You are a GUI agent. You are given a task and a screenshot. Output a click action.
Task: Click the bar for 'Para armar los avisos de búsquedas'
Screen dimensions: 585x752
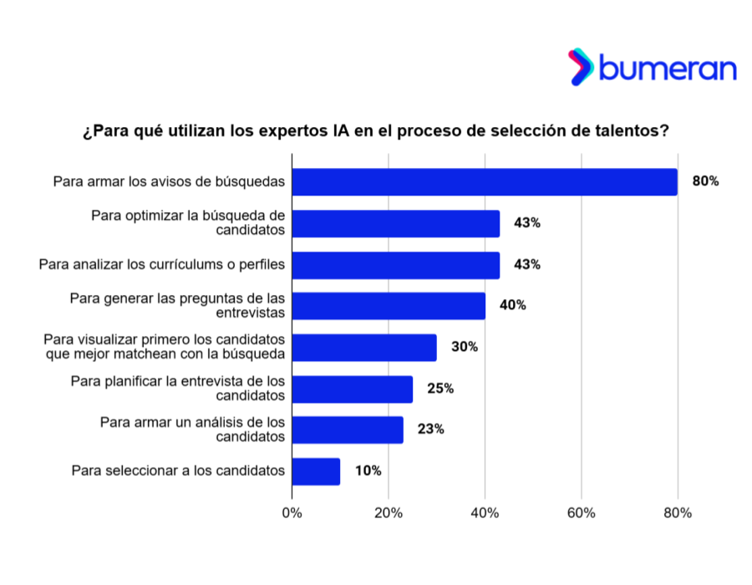[x=485, y=182]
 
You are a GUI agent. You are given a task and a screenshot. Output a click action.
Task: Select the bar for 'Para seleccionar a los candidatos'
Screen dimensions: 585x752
[x=316, y=471]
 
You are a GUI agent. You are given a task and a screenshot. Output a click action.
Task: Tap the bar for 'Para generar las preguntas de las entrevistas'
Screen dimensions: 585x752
[x=389, y=306]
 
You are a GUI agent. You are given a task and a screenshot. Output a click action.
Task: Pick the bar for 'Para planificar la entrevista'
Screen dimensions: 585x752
[x=353, y=389]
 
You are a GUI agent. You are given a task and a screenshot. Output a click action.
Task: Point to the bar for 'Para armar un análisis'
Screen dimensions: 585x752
[x=348, y=430]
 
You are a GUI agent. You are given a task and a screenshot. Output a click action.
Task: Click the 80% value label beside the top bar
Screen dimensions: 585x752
[x=705, y=181]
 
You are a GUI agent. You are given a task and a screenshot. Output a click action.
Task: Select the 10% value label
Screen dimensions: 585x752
[x=368, y=471]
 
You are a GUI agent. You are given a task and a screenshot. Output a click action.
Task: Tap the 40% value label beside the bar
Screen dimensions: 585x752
[x=512, y=305]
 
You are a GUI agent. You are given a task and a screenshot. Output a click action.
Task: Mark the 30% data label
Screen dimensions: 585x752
[x=464, y=347]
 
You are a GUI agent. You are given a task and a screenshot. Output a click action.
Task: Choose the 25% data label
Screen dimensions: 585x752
[x=440, y=388]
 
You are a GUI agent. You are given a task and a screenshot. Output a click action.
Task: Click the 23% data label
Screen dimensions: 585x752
[x=430, y=430]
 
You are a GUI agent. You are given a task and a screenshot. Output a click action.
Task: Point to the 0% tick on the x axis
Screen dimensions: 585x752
[x=292, y=513]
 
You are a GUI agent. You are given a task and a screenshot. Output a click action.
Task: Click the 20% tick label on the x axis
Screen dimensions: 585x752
[x=389, y=513]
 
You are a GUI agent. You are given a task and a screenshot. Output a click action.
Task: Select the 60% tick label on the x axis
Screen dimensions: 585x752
[x=581, y=513]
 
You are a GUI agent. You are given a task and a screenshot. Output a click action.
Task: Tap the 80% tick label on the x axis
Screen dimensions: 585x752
[x=677, y=513]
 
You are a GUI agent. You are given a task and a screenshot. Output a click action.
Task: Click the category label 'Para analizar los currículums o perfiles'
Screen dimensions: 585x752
[x=162, y=265]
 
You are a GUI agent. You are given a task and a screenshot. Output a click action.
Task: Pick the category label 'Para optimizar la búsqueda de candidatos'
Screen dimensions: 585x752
[x=188, y=223]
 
